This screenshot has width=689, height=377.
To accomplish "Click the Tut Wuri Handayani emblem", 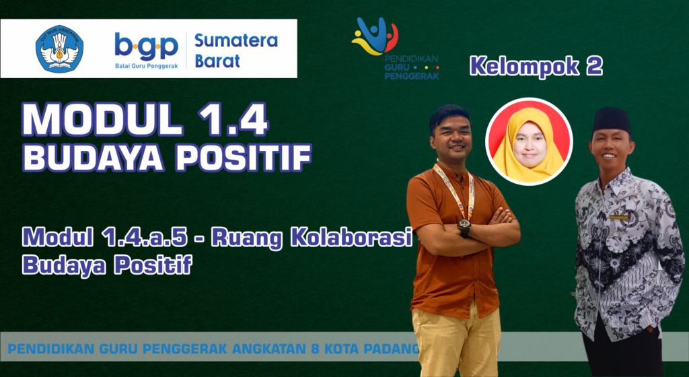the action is tap(59, 48).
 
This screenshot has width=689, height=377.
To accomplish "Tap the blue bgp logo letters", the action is tap(146, 47).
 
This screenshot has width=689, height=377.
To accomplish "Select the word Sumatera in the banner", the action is tap(236, 40).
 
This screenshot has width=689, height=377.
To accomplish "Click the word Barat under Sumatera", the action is tap(217, 61).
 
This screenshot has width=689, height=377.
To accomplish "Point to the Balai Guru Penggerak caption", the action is tap(146, 66).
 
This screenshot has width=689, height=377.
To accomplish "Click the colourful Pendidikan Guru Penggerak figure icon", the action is tap(374, 36).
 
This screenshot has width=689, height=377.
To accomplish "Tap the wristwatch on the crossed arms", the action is tap(464, 226).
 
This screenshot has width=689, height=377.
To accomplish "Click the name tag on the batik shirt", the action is tap(619, 217).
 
